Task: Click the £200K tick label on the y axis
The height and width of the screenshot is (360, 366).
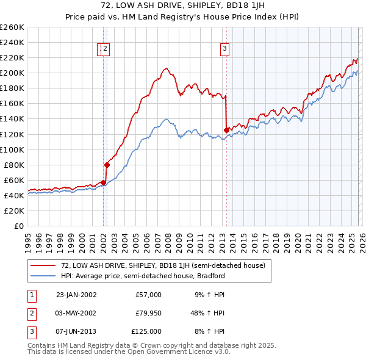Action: (12, 73)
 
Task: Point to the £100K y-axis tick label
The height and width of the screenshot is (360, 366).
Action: (12, 149)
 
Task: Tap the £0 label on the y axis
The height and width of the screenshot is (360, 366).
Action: (19, 226)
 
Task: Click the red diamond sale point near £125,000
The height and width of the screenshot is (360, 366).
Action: (226, 130)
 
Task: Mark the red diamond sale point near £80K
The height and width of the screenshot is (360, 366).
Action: (107, 164)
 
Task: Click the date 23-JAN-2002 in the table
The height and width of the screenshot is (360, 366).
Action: (76, 295)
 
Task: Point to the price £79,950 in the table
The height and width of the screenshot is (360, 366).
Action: (146, 313)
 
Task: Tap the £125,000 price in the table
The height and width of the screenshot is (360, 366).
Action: (146, 331)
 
